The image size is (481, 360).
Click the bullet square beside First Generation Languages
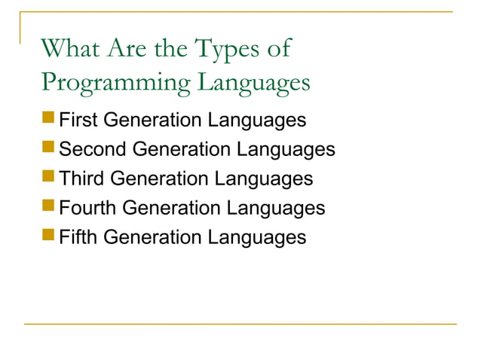(49, 119)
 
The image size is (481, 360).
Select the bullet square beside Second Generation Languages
(49, 148)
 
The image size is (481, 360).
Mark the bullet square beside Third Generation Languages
(49, 178)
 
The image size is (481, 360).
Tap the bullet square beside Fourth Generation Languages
(49, 207)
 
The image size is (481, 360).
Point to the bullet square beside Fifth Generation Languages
(49, 236)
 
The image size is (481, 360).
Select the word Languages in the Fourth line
(278, 209)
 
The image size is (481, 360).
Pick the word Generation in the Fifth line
(151, 237)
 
